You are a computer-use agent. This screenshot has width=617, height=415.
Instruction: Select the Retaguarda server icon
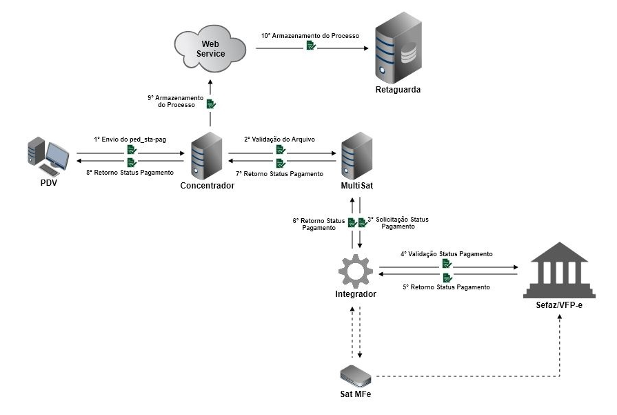click(x=398, y=52)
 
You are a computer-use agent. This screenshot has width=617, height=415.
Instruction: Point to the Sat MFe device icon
click(x=356, y=376)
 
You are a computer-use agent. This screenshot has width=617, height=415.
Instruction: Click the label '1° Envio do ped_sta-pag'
click(x=130, y=139)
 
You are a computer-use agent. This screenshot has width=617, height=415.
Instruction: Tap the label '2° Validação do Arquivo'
click(x=279, y=139)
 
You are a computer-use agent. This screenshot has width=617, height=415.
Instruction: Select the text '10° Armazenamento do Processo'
click(x=310, y=35)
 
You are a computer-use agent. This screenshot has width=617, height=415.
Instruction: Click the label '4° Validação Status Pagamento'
click(x=446, y=253)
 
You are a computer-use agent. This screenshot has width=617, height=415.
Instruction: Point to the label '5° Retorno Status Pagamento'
click(x=446, y=287)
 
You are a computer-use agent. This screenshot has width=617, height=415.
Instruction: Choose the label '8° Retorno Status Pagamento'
click(x=130, y=173)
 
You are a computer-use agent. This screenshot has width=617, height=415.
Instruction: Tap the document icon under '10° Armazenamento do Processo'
click(x=311, y=46)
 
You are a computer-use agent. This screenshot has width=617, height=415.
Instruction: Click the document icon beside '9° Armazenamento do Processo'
click(x=211, y=104)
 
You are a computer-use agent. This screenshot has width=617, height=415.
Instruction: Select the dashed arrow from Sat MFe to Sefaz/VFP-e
click(x=469, y=376)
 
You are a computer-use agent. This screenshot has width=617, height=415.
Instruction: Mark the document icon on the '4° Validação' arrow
click(x=447, y=264)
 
